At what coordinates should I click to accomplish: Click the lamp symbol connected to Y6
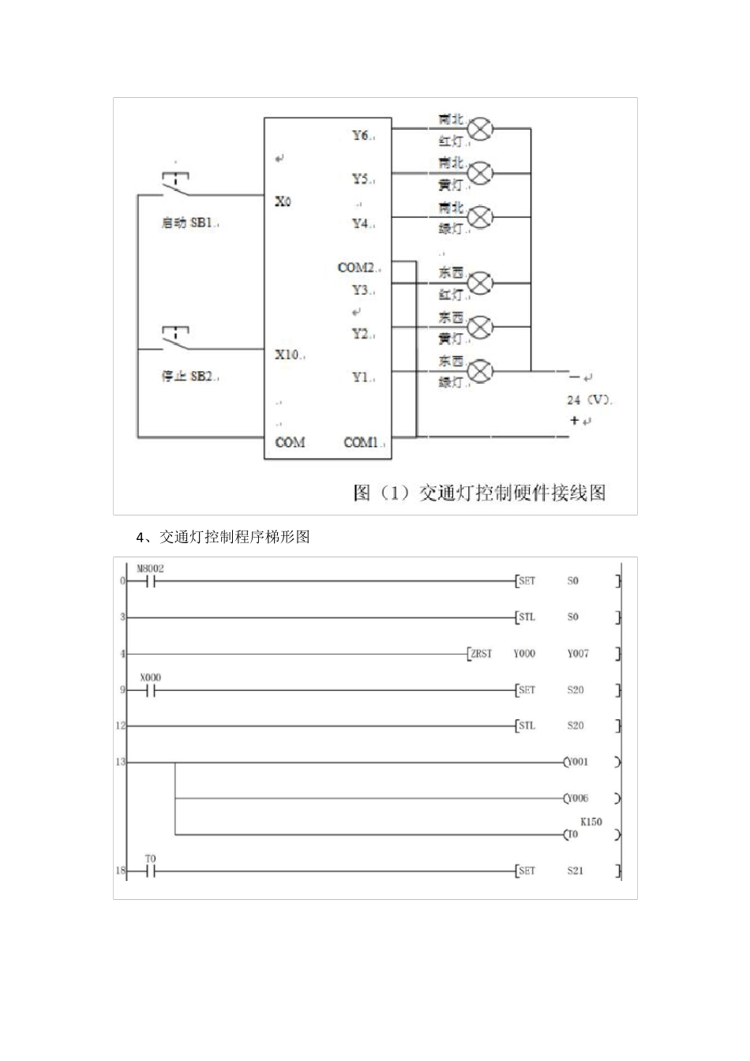(480, 129)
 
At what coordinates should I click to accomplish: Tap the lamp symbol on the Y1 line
(480, 370)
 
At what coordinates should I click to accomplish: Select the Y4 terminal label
(361, 223)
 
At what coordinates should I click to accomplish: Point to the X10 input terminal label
(287, 354)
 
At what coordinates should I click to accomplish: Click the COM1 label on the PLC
(362, 443)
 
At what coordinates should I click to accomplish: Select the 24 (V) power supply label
(588, 400)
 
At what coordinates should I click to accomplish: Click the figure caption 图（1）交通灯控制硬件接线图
(479, 493)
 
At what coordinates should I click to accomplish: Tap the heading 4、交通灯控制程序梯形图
(223, 538)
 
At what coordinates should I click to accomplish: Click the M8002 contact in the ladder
(150, 582)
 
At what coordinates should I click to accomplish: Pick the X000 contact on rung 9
(150, 691)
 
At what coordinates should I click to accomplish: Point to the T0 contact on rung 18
(150, 872)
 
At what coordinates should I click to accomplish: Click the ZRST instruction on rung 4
(480, 654)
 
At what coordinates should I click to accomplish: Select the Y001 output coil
(577, 763)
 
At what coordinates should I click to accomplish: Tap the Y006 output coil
(577, 798)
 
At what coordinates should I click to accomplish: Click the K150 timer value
(591, 822)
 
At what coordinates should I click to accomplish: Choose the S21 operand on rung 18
(575, 872)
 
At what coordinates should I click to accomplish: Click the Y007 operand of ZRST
(578, 654)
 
